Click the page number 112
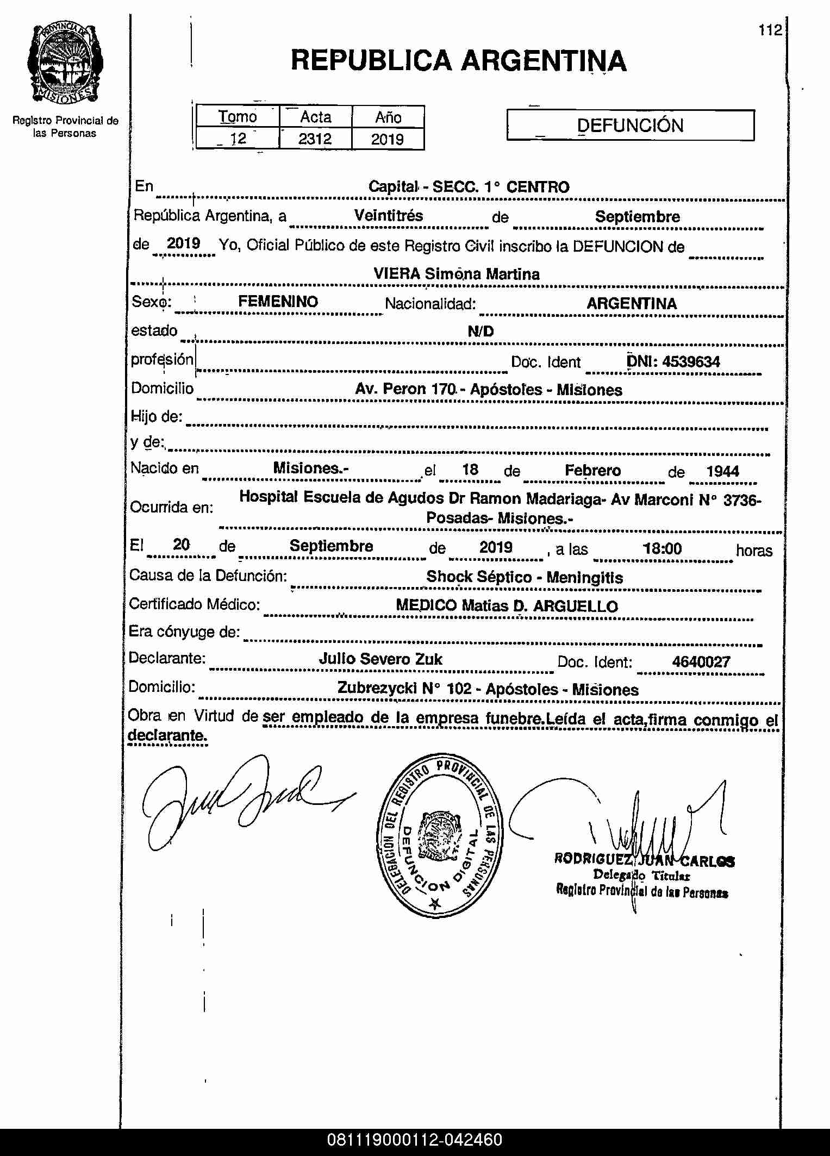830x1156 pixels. tap(770, 30)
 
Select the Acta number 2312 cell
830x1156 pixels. tap(315, 139)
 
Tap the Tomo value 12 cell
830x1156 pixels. tap(238, 139)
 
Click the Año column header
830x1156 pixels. tap(388, 117)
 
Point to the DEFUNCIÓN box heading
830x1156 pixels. tap(630, 126)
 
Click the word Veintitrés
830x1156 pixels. tap(388, 216)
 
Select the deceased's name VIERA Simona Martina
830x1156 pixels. tap(456, 274)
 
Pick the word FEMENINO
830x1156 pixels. tap(278, 302)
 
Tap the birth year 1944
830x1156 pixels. tap(722, 471)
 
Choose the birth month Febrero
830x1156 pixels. tap(592, 470)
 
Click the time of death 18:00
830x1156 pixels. tap(662, 548)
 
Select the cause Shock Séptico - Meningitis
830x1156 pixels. tap(525, 577)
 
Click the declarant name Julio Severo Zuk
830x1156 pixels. tap(380, 659)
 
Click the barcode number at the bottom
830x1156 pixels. tap(415, 1140)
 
